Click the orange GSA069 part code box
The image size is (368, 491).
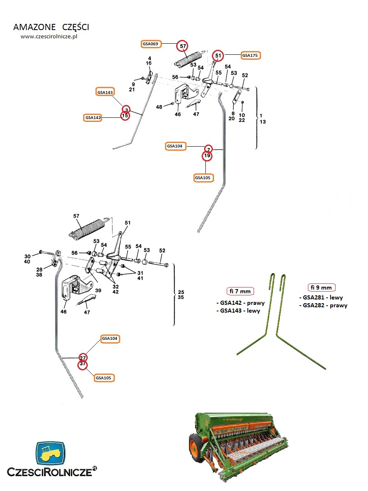click(150, 43)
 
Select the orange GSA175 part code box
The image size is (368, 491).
click(250, 55)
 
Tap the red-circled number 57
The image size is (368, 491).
click(182, 47)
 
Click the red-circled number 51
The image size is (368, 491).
click(218, 55)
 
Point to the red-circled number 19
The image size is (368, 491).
click(207, 156)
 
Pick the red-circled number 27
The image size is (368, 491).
click(83, 357)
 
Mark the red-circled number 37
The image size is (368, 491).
click(83, 364)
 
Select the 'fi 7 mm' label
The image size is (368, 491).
click(240, 291)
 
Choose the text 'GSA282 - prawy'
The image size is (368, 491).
click(325, 305)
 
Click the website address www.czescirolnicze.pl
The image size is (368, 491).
click(49, 36)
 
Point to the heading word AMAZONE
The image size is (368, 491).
click(34, 27)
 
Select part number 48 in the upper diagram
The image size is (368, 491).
click(159, 107)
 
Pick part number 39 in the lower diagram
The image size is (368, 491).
click(98, 290)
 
